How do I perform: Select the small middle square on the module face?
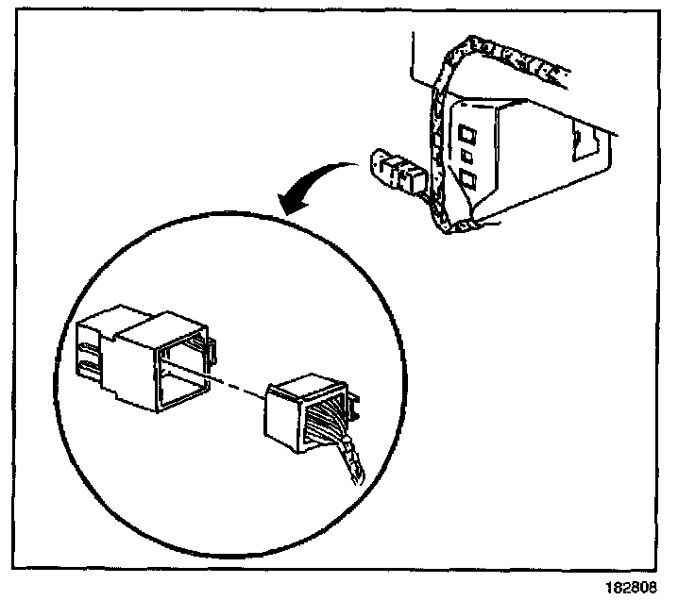(x=466, y=153)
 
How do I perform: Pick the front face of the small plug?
(x=283, y=415)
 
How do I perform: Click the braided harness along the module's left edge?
(x=435, y=151)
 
